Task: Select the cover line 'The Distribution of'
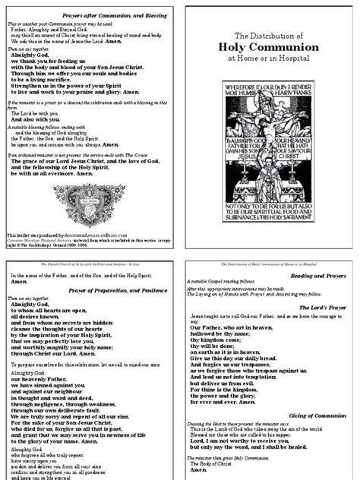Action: [270, 56]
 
